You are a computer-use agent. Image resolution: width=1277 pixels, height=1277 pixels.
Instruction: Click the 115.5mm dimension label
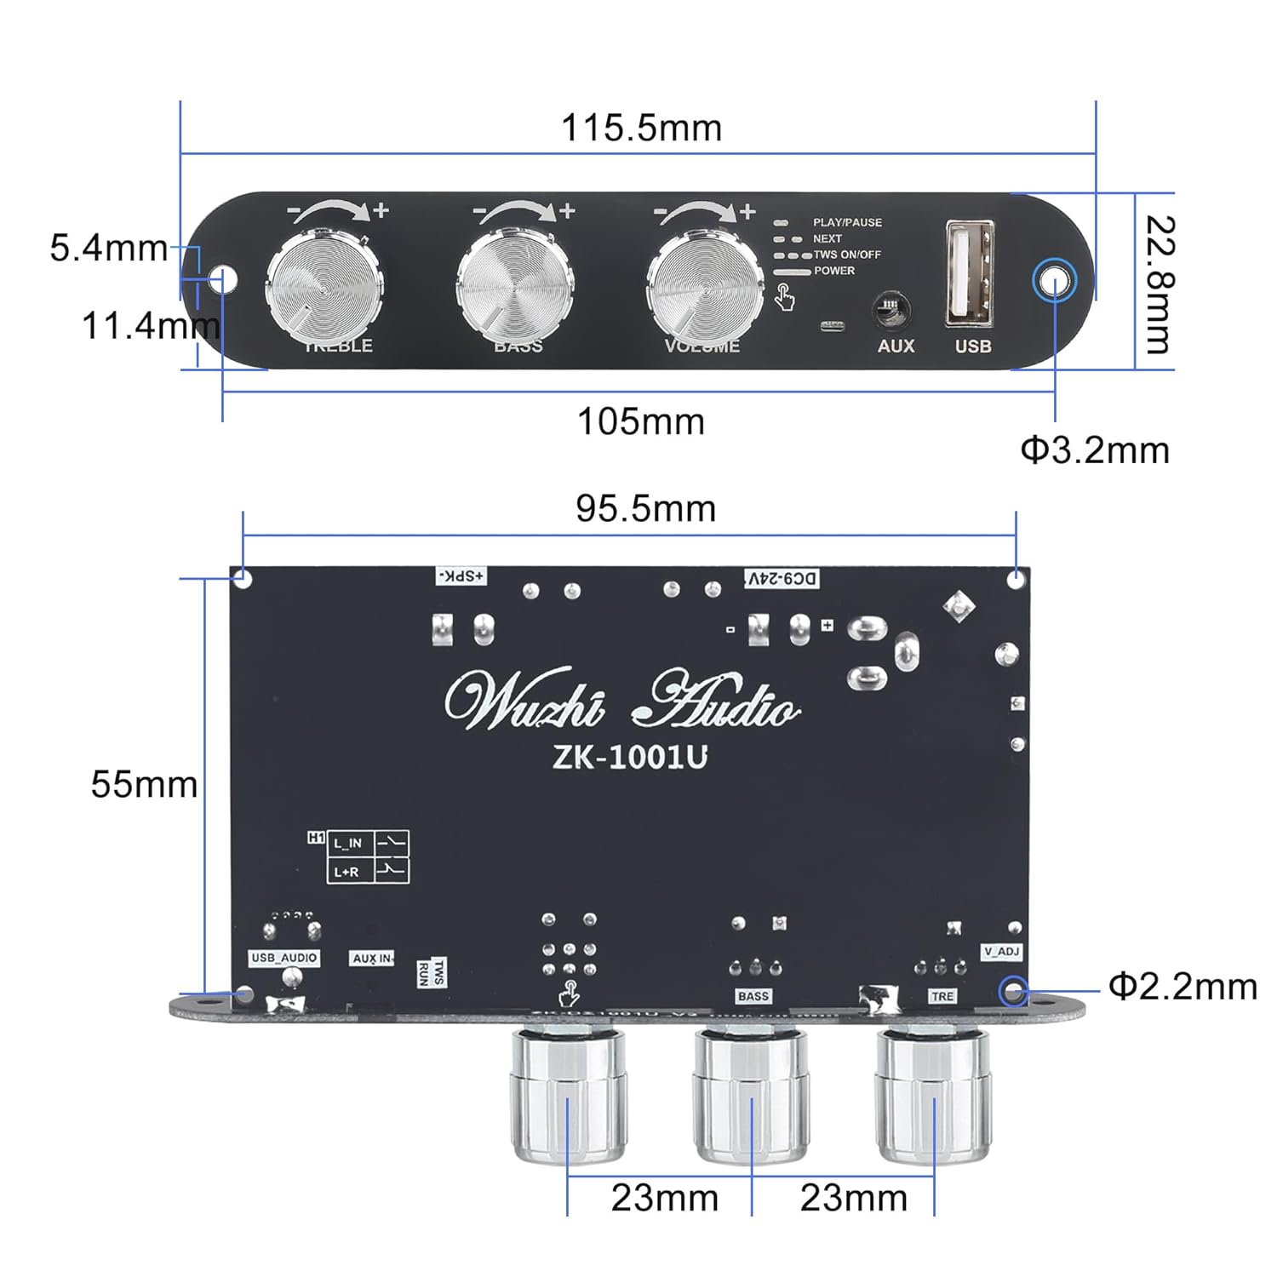point(641,129)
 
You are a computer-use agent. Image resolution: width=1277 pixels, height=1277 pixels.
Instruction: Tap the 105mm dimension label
point(641,422)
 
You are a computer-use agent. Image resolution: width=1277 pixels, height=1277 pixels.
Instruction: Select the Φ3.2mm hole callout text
point(1095,450)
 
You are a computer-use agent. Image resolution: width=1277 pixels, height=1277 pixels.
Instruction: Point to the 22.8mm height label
point(1159,284)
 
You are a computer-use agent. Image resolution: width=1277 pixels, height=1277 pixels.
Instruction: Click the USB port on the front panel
point(970,273)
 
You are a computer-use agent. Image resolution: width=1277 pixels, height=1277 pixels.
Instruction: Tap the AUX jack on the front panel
point(893,309)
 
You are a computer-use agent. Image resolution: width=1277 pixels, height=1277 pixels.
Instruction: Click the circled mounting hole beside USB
point(1054,281)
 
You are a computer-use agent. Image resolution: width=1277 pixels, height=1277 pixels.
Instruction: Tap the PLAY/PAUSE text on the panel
point(847,222)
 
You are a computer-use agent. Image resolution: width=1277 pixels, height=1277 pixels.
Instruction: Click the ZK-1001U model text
point(630,757)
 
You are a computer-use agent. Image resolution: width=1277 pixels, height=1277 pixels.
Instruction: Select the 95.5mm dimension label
point(645,509)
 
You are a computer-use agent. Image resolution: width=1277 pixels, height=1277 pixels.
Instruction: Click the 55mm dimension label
point(144,784)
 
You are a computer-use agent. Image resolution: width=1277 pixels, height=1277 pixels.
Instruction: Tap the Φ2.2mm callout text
point(1183,987)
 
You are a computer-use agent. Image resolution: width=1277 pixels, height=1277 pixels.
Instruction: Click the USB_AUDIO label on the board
point(284,958)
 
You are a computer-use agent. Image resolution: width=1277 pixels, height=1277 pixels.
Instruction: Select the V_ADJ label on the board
point(1001,951)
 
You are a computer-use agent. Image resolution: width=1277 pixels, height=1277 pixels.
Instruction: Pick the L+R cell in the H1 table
point(346,872)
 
